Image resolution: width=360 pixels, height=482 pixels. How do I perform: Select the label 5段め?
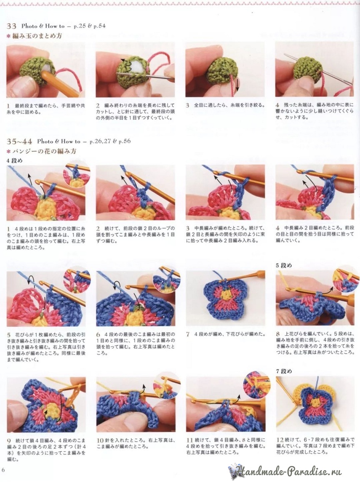[283, 265]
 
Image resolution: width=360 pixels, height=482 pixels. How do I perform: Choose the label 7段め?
[283, 371]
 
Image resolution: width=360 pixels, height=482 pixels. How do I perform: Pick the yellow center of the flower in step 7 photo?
[226, 294]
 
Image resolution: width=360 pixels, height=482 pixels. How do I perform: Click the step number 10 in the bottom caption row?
[100, 440]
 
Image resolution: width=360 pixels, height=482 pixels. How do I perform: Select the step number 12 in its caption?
[279, 440]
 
